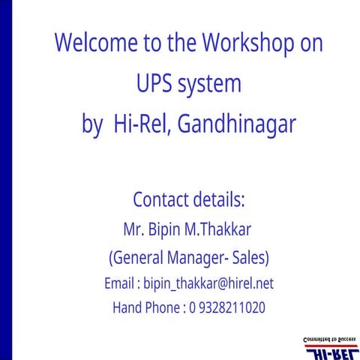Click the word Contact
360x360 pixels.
tap(160, 200)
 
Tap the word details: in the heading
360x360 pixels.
tap(218, 200)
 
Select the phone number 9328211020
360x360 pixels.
tap(232, 307)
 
